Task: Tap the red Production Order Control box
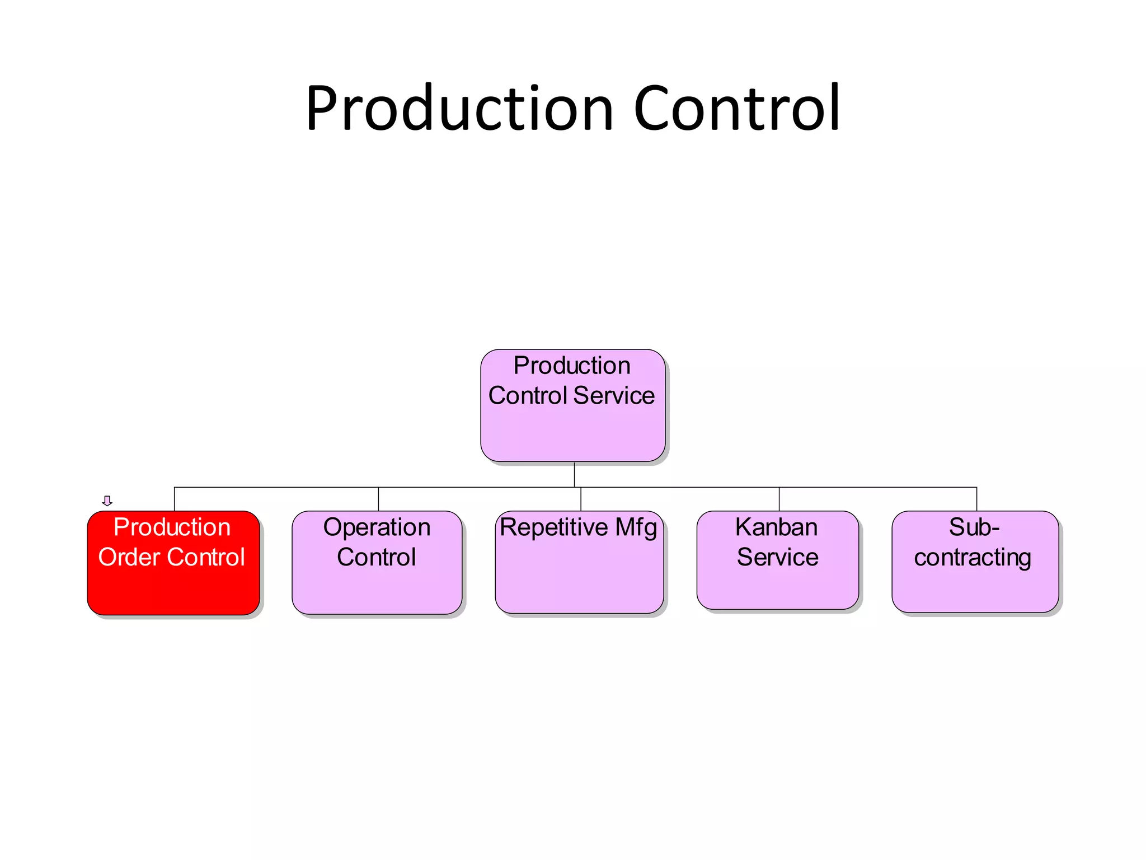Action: [173, 588]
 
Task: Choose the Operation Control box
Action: [377, 588]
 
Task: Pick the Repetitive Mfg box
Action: [579, 577]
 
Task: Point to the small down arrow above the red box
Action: [107, 501]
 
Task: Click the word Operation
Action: [377, 527]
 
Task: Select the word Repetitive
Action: [553, 527]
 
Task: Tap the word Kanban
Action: [776, 527]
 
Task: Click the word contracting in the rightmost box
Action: [973, 558]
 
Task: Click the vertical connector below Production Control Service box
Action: [574, 474]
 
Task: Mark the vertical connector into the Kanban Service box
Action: [779, 499]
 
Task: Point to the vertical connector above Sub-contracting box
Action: [976, 499]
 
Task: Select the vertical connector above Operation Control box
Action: [378, 499]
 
